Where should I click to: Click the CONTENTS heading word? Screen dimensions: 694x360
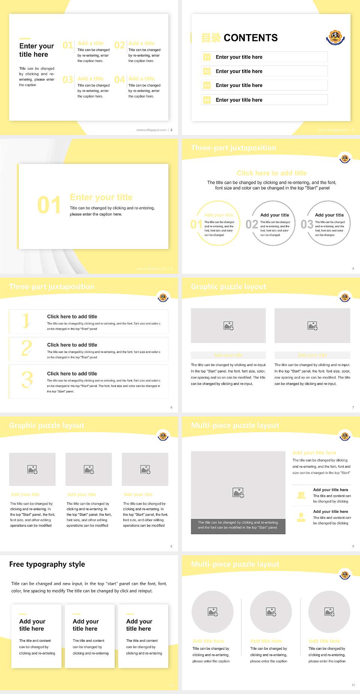pos(250,38)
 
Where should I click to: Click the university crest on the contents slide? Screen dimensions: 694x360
pos(335,37)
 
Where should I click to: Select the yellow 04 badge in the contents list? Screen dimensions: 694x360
pos(207,100)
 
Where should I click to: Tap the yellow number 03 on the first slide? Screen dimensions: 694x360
pos(68,80)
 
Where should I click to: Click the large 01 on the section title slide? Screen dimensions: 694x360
pos(49,205)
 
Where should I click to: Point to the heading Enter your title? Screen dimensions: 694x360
pos(101,197)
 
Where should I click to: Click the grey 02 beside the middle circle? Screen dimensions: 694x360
pos(252,224)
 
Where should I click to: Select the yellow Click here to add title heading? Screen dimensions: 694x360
pos(271,173)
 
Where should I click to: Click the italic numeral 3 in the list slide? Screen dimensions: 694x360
pos(27,380)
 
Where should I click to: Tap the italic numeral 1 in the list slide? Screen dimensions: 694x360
pos(26,321)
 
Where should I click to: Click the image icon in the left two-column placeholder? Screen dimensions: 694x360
pos(228,326)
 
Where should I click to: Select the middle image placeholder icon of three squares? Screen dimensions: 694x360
pos(89,469)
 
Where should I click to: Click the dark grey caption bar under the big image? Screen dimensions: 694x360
pos(238,525)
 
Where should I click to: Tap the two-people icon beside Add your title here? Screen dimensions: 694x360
pos(301,495)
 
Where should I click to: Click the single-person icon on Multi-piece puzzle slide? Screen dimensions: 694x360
pos(301,517)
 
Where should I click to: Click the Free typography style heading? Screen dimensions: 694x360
pos(47,564)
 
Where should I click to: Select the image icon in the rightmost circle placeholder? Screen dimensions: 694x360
pos(329,612)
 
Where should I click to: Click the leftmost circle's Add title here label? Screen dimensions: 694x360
pos(208,641)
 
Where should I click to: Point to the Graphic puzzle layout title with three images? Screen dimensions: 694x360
pos(47,425)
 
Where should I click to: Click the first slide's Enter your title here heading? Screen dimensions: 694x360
pos(36,50)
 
